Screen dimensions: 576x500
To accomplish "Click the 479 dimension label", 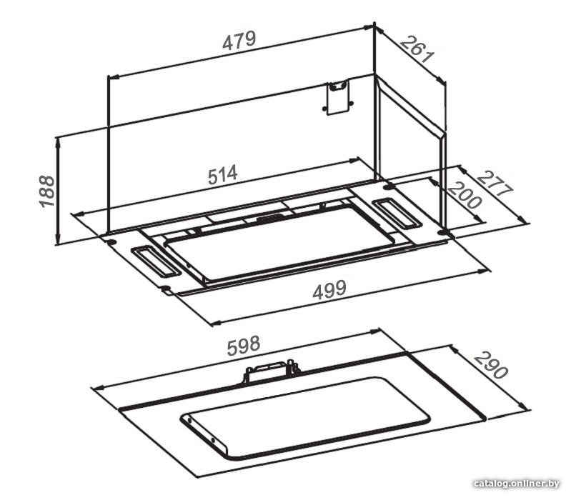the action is pyautogui.click(x=239, y=41).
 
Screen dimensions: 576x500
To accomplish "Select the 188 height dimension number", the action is pyautogui.click(x=47, y=191).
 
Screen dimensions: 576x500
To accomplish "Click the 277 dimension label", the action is pyautogui.click(x=495, y=185).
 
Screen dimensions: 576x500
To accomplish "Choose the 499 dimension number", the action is pyautogui.click(x=329, y=290).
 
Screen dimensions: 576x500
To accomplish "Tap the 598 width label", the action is pyautogui.click(x=244, y=346).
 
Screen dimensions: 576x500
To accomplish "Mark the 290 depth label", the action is pyautogui.click(x=491, y=365).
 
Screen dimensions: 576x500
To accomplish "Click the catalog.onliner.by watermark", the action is pyautogui.click(x=517, y=484).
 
